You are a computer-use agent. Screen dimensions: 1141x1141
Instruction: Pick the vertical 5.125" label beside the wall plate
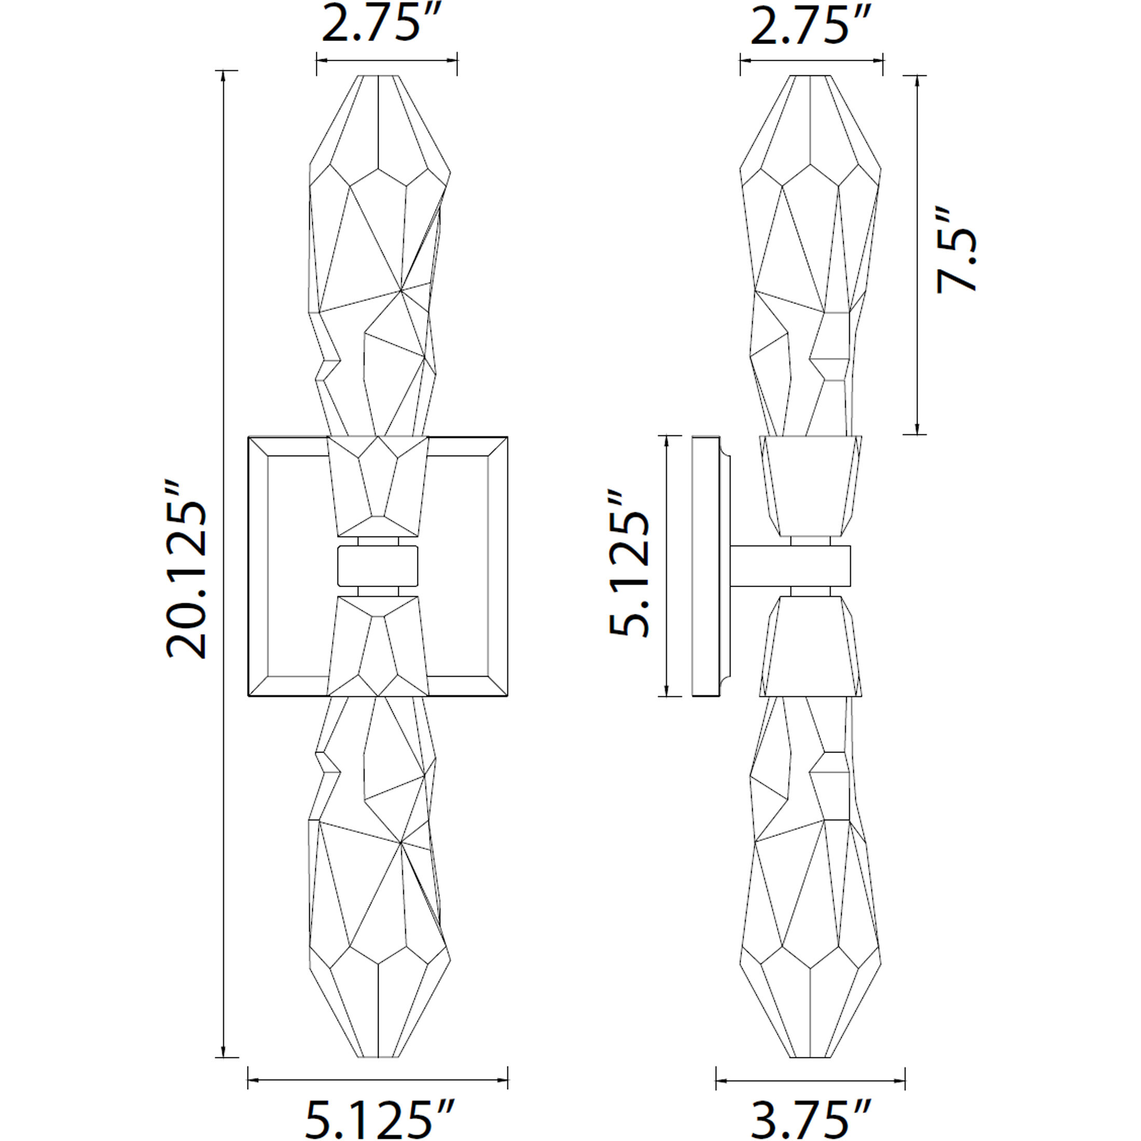pyautogui.click(x=630, y=564)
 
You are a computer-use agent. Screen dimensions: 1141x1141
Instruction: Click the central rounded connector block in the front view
pyautogui.click(x=378, y=566)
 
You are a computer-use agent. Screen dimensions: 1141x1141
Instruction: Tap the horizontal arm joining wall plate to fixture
pyautogui.click(x=790, y=566)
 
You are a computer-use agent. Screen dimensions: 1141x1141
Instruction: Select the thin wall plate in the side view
pyautogui.click(x=706, y=565)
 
